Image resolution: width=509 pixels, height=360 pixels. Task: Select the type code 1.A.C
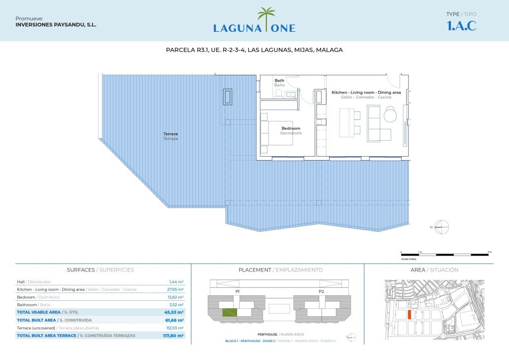[x=462, y=26]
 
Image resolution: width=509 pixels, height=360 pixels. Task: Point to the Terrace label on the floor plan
[x=170, y=134]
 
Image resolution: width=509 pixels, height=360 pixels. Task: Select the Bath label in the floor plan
[x=279, y=81]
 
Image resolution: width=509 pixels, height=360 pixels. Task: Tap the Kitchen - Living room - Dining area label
[x=366, y=92]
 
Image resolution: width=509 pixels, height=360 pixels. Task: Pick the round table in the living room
[x=391, y=115]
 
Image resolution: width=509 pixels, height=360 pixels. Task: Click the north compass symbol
[x=441, y=227]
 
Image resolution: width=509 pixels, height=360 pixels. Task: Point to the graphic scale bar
[x=446, y=255]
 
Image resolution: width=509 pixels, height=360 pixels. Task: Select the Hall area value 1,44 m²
[x=176, y=281]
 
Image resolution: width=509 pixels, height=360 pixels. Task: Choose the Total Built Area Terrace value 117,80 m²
[x=174, y=336]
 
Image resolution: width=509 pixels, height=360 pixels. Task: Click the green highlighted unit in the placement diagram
[x=229, y=313]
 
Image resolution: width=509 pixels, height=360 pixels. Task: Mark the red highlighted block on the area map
[x=409, y=315]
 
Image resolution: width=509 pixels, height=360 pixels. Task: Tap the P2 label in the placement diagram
[x=321, y=291]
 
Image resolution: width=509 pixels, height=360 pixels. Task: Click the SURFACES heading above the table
[x=81, y=270]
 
